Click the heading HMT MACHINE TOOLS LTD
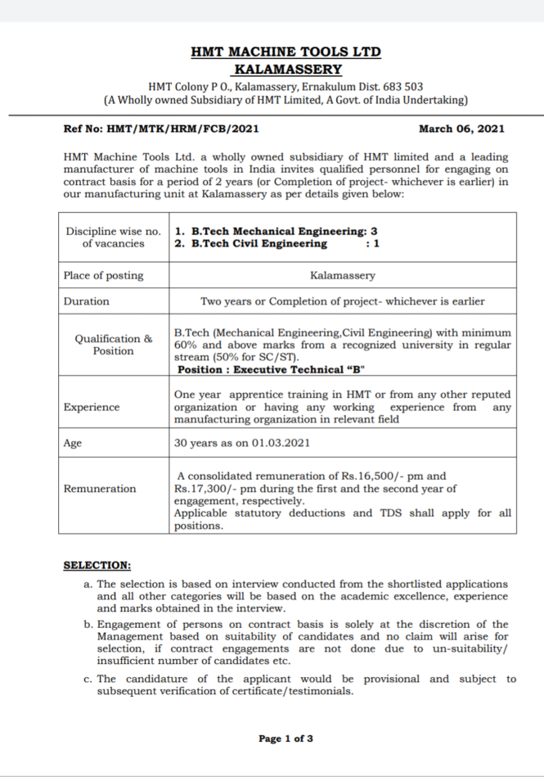(285, 52)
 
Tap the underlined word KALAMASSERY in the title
(287, 69)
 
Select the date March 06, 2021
(461, 129)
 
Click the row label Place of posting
(103, 276)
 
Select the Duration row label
(86, 301)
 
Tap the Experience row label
(91, 407)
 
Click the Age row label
(73, 443)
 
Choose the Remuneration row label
(100, 489)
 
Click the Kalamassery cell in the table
(343, 276)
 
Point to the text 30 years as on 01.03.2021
(242, 443)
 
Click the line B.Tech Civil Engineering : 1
(276, 243)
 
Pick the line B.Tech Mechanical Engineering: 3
(276, 231)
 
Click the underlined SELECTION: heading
(97, 565)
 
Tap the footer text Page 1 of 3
(285, 739)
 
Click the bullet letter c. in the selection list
(88, 679)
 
